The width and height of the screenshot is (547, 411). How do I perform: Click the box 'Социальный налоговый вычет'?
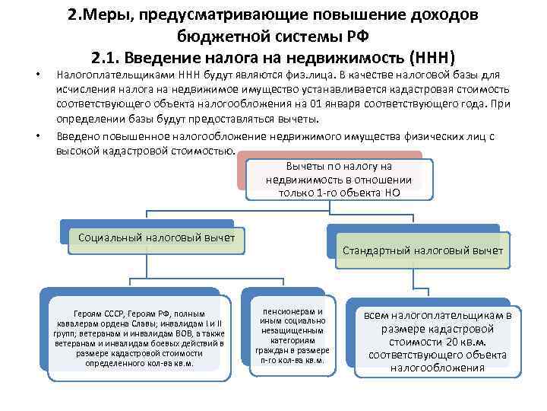[x=157, y=237]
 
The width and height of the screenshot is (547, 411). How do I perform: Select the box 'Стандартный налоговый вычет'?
[x=422, y=250]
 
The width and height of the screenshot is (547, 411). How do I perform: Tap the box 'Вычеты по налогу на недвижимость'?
[x=339, y=179]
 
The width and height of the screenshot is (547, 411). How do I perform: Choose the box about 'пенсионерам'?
[x=292, y=336]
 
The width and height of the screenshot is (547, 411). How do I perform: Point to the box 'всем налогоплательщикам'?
[x=437, y=341]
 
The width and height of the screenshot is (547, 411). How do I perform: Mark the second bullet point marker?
[x=38, y=137]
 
